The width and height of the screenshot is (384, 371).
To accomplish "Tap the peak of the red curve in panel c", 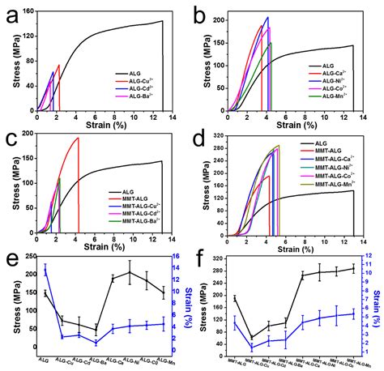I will (78, 138).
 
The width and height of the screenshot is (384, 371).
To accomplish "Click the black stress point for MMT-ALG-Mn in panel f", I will (352, 269).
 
